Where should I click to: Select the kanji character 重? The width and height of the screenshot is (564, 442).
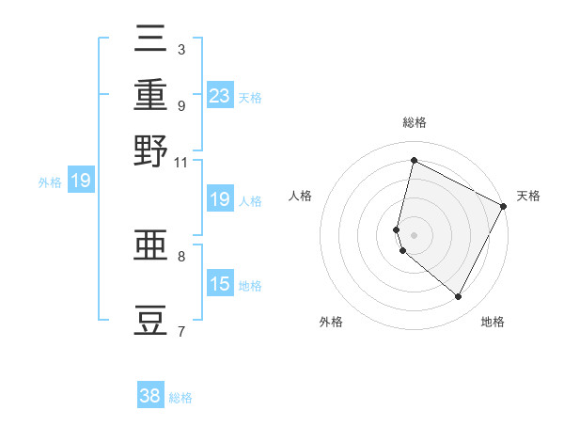[150, 96]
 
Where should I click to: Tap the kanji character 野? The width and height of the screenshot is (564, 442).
[150, 150]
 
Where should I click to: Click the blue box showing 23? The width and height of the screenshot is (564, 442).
[219, 96]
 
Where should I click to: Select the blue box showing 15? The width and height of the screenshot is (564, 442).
[219, 284]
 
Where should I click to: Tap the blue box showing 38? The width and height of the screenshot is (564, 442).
[150, 396]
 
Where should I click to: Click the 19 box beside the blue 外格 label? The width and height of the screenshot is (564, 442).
[81, 182]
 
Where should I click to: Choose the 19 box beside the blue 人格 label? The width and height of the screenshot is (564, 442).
[219, 199]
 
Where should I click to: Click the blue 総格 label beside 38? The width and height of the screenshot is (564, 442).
[180, 398]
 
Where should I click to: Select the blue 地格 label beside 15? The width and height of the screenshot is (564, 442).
[250, 286]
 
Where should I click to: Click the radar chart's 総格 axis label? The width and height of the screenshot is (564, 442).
[415, 122]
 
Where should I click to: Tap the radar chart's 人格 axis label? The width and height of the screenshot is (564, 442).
[301, 196]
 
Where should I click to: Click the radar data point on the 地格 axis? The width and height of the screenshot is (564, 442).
[459, 297]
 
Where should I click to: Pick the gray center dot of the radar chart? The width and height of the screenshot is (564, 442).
[415, 234]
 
